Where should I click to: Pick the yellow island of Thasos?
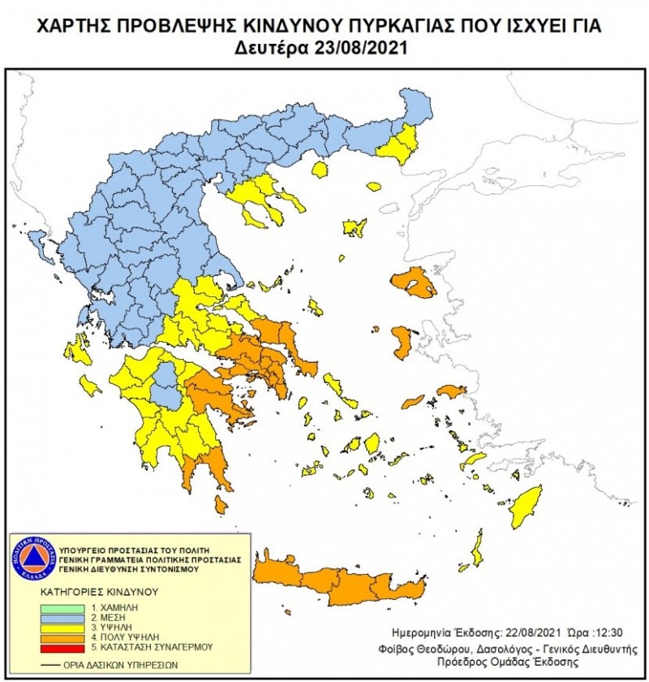point(319,170)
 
